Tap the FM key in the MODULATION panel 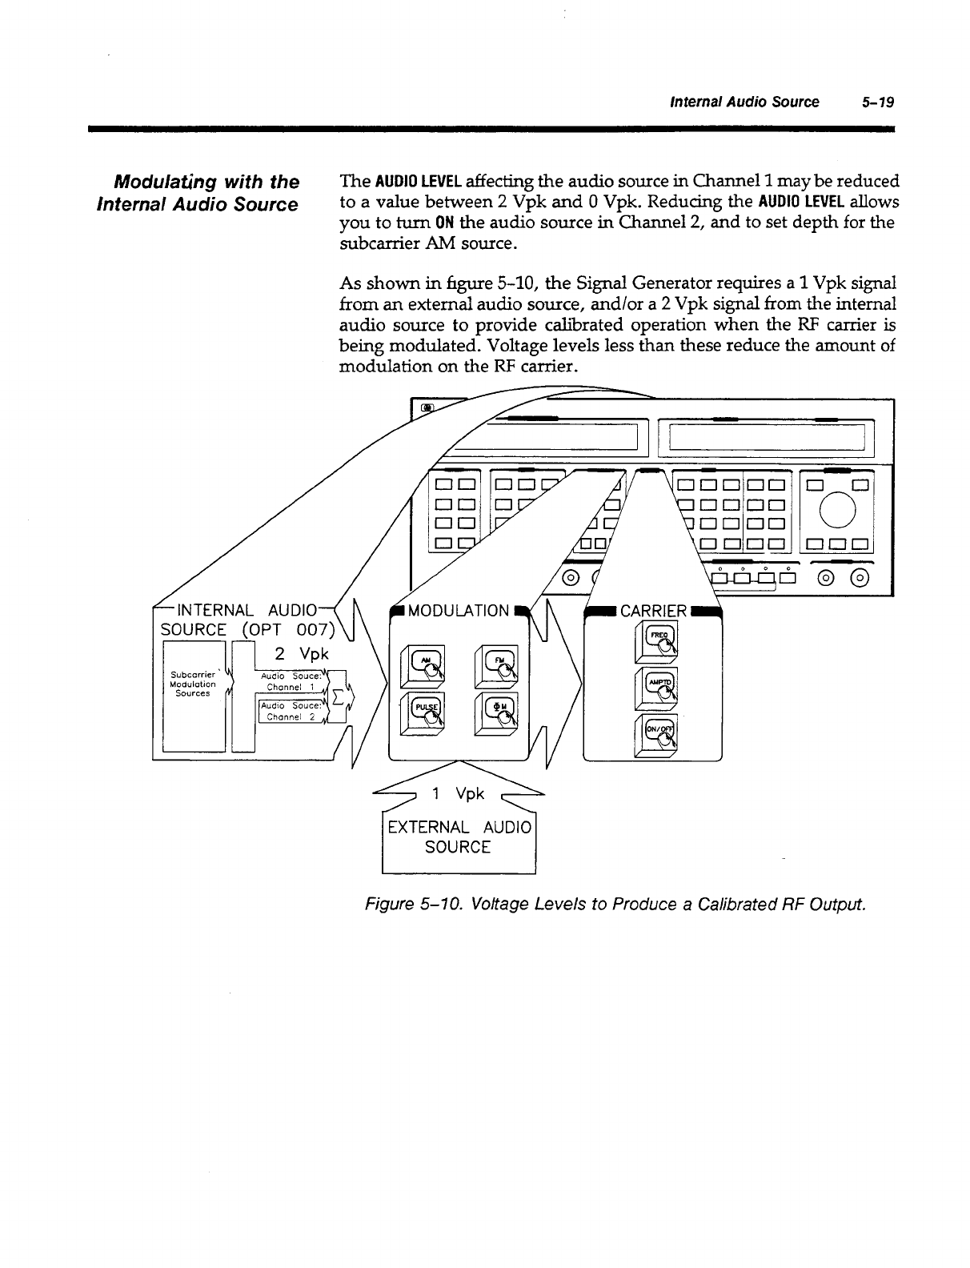pos(496,664)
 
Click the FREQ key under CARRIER pos(655,641)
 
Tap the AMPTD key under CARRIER pos(655,686)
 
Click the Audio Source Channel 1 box pos(288,681)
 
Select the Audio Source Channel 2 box pos(288,711)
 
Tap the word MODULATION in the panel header pos(458,612)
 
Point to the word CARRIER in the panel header pos(654,612)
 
